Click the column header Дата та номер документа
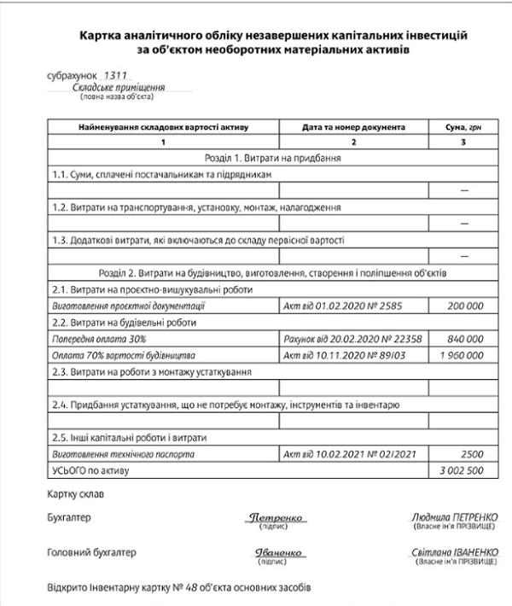[353, 127]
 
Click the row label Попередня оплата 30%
[95, 339]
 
